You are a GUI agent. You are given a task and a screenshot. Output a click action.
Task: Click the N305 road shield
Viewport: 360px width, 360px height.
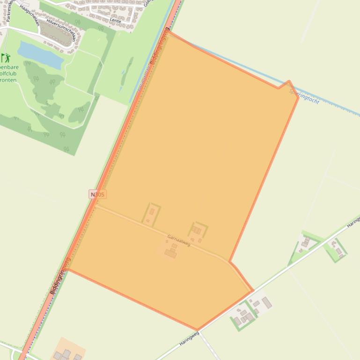(97, 194)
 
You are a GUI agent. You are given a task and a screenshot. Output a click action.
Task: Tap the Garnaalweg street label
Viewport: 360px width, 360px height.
(179, 240)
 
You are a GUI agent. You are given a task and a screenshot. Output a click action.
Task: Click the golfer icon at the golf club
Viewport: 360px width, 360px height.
(6, 58)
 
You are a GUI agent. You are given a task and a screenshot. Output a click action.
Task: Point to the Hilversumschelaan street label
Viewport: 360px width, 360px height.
(61, 29)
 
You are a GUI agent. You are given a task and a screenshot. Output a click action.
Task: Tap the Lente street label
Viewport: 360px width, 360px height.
(115, 21)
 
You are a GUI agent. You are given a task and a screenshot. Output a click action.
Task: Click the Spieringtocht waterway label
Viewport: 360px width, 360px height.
(305, 95)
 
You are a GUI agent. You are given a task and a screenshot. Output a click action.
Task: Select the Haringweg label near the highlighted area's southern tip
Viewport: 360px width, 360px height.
(189, 338)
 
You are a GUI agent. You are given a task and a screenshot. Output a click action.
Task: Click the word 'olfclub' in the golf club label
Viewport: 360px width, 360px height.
(8, 73)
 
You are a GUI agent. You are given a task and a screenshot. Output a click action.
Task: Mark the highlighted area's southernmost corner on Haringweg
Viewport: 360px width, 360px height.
(197, 330)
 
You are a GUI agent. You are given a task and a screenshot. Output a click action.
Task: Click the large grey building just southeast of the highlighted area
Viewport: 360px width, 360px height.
(266, 302)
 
